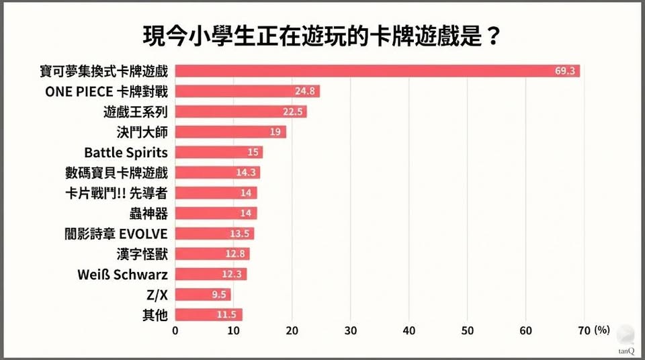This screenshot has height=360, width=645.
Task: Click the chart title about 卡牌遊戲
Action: (x=322, y=36)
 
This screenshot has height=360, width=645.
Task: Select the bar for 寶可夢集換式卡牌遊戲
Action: (x=376, y=71)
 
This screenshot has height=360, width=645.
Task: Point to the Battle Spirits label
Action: (x=126, y=152)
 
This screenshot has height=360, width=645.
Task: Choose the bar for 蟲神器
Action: (x=215, y=214)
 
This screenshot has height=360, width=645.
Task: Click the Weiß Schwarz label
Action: (x=123, y=274)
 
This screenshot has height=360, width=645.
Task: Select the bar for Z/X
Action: (x=202, y=294)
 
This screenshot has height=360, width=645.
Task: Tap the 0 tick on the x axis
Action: (x=175, y=330)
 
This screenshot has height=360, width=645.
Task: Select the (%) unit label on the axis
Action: (x=601, y=330)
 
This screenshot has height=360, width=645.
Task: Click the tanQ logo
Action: (x=624, y=340)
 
